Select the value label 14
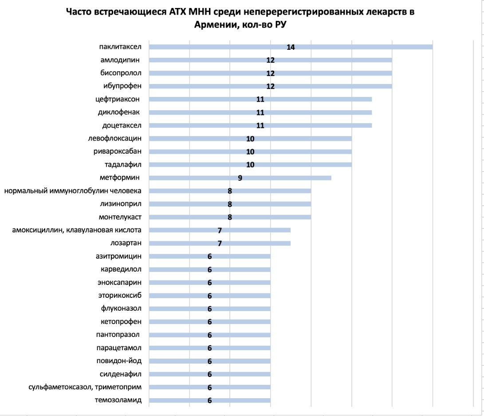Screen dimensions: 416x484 coord(291,47)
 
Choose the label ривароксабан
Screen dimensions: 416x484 coord(118,152)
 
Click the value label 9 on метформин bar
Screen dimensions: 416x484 coord(240,178)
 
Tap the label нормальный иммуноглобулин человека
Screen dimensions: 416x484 coord(73,191)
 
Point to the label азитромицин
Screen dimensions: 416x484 coord(118,256)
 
